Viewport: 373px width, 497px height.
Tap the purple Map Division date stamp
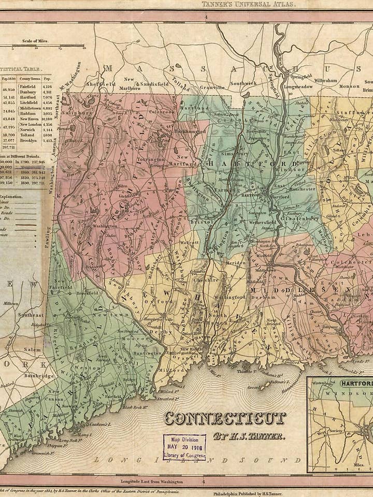(184, 447)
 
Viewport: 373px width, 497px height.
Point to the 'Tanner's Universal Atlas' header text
(249, 4)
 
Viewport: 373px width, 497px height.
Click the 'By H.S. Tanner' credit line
(249, 436)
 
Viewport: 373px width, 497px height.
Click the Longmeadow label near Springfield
(298, 87)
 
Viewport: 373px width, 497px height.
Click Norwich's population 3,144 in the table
(47, 130)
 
